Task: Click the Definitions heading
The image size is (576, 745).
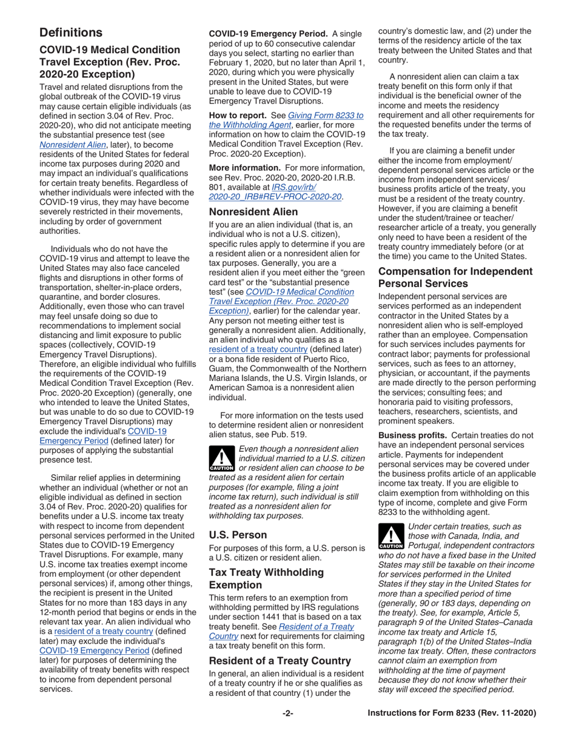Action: pyautogui.click(x=70, y=33)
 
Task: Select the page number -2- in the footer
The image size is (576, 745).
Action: pyautogui.click(x=287, y=714)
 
